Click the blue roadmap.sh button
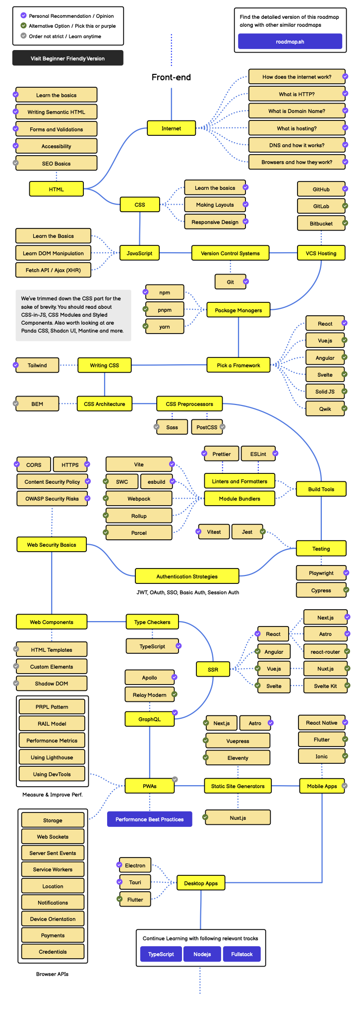coord(290,42)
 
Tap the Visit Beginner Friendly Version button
coord(68,58)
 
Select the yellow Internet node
coord(171,128)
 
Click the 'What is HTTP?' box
coord(297,94)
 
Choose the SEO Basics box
coord(56,164)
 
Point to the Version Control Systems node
coord(230,253)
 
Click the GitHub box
coord(321,189)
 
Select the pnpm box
coord(165,310)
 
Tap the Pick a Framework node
coord(239,365)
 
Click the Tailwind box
coord(37,365)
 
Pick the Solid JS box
coord(325,392)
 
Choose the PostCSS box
coord(207,427)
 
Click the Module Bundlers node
coord(240,499)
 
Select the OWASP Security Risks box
coord(52,499)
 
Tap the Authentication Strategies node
coord(187,576)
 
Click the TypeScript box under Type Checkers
coord(152,646)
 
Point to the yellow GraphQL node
coord(149,719)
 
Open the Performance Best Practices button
coord(149,819)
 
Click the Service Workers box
coord(53,869)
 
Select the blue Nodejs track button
coord(202,954)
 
